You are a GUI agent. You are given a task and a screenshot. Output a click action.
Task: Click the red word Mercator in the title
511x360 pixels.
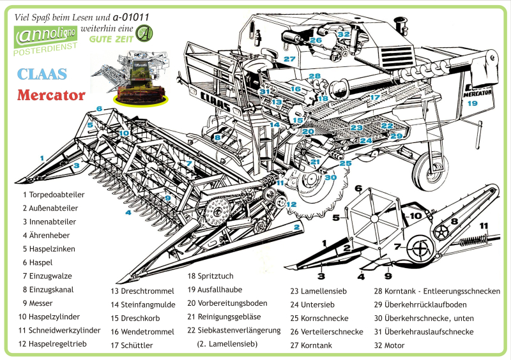point(51,95)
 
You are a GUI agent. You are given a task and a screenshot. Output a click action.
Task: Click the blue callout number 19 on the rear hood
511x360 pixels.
point(471,103)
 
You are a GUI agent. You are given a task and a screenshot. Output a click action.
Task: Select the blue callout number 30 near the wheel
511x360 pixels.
point(330,177)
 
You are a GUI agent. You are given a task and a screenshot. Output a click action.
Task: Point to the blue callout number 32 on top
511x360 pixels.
point(344,34)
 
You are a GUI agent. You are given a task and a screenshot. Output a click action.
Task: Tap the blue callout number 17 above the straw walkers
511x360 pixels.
point(375,97)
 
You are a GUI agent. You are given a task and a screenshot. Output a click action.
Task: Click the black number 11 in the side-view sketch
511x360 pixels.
point(484,226)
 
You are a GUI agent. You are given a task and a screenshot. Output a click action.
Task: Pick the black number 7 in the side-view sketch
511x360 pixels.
point(397,246)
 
